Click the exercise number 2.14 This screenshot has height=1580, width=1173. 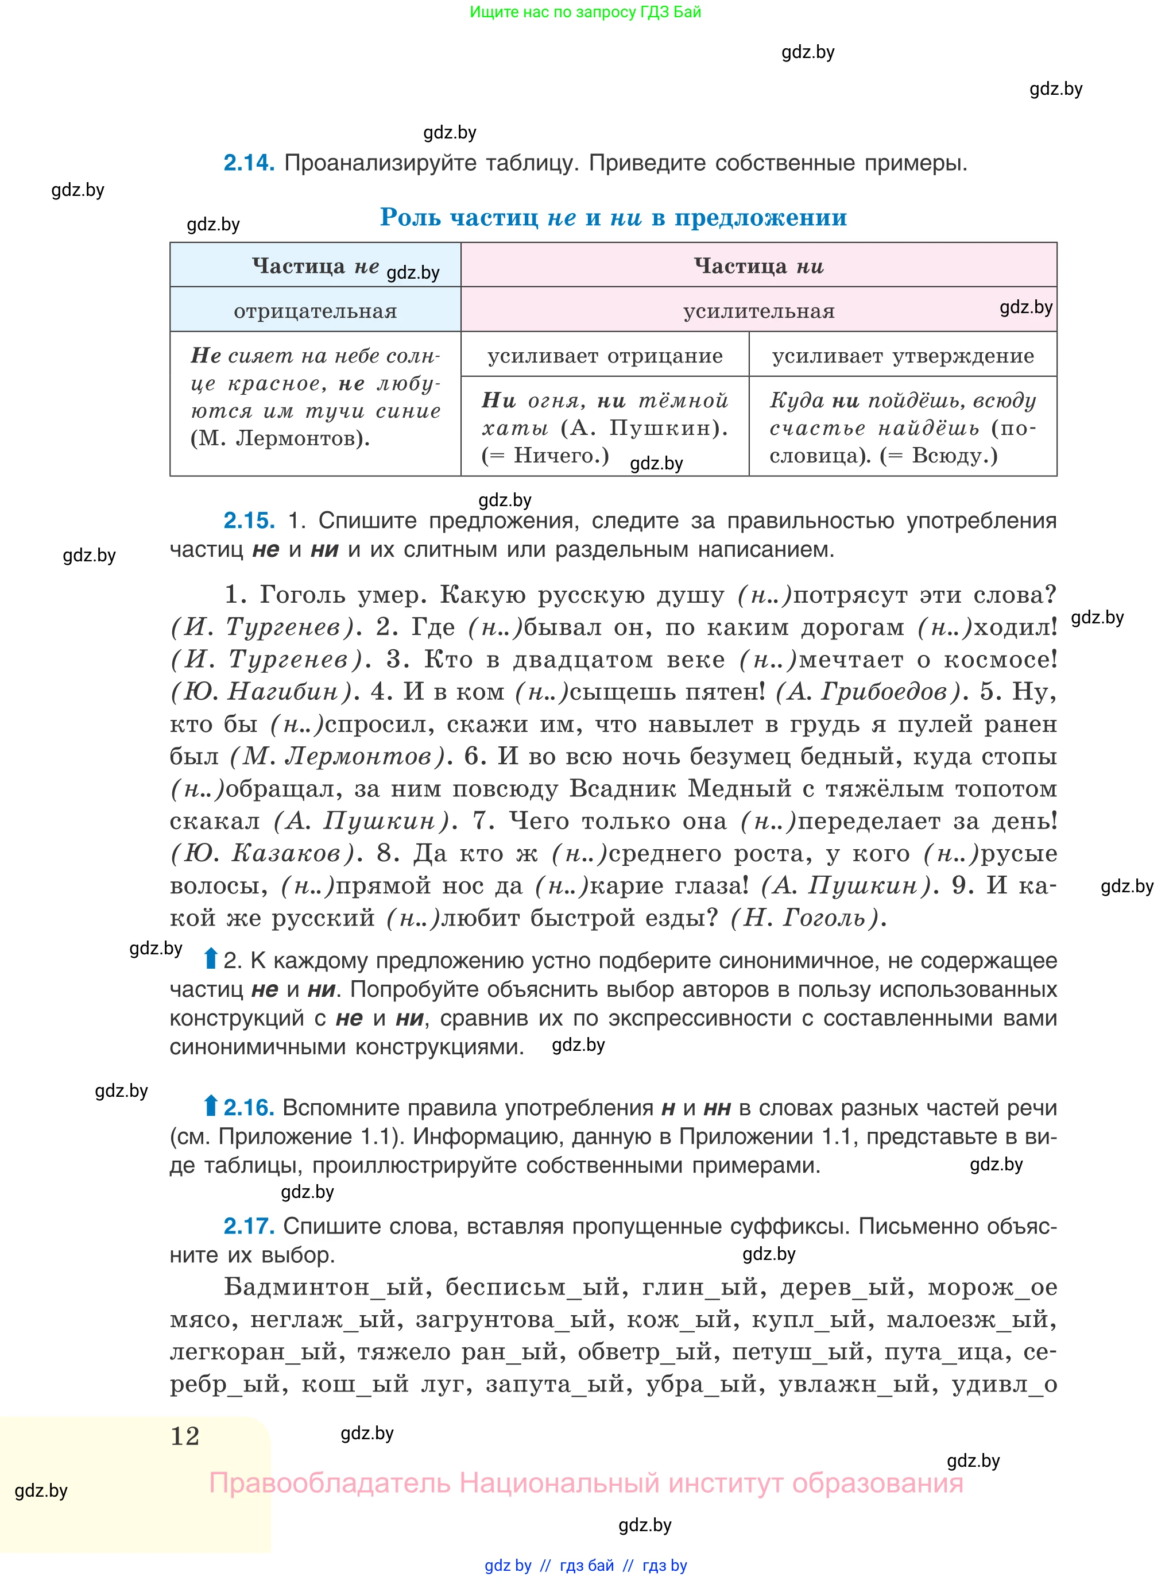pos(249,163)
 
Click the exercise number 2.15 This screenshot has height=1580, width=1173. pos(249,521)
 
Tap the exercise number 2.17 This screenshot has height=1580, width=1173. pos(249,1226)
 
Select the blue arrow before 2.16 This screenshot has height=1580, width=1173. pos(210,1106)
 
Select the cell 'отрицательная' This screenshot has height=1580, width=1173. pos(315,311)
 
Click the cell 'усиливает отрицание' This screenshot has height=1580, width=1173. pos(605,355)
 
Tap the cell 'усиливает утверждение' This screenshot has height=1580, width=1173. pos(903,355)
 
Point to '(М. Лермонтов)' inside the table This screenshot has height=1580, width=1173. pos(280,438)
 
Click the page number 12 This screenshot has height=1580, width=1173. pos(185,1436)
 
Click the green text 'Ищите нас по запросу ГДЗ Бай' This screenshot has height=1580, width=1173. pos(585,12)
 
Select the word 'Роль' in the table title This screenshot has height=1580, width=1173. pos(411,217)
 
